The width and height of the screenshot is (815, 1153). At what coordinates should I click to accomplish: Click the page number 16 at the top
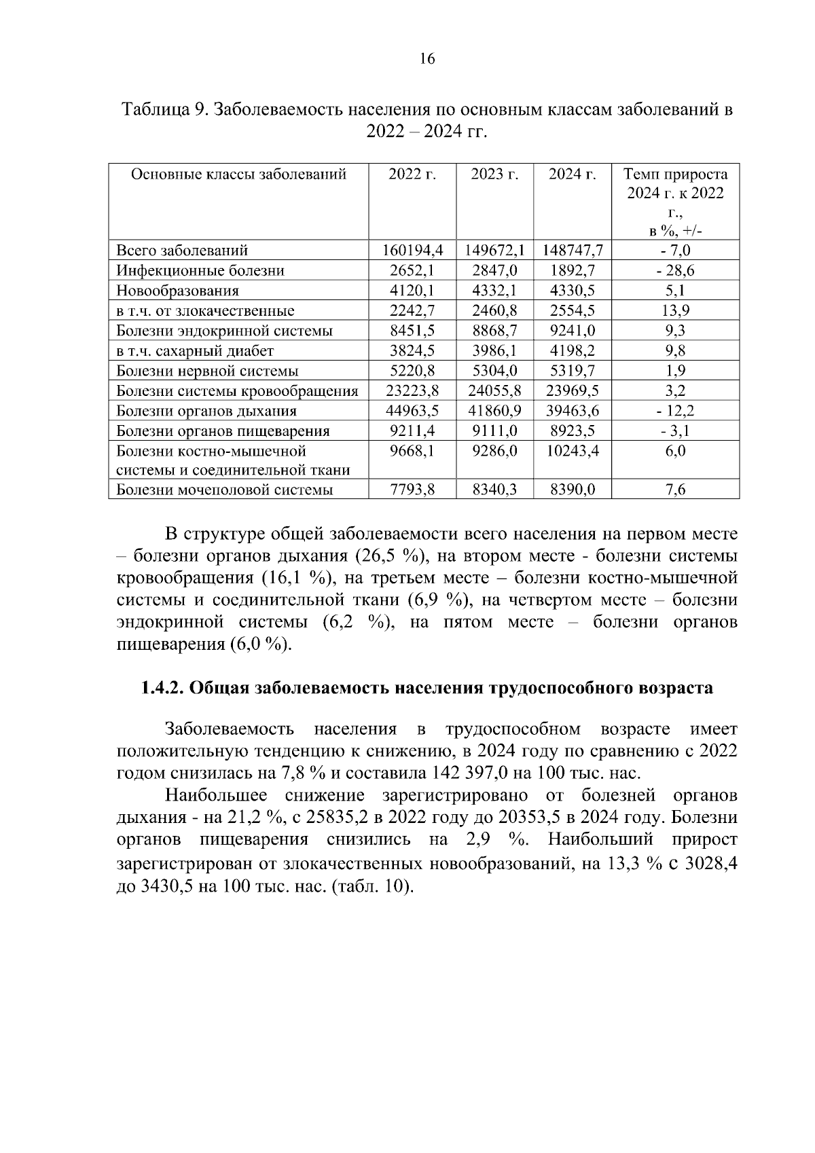pos(427,59)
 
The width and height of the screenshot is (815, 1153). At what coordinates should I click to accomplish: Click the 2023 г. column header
pos(494,174)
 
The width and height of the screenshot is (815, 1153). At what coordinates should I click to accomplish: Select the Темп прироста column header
pos(675,174)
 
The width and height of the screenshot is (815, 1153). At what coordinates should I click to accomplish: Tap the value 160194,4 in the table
pos(412,251)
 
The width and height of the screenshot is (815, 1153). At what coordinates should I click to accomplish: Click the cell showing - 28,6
pos(675,271)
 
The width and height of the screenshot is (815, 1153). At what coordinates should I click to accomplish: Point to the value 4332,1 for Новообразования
pos(494,291)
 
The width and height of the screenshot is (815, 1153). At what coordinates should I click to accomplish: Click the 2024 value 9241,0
pos(573,331)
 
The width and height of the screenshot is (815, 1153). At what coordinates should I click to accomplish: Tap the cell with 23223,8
pos(412,391)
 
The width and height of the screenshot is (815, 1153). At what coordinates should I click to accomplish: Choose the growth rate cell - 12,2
pos(675,411)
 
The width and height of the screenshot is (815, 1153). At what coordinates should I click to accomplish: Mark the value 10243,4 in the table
pos(573,451)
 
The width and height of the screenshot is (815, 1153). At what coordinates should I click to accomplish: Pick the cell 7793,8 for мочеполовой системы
pos(412,490)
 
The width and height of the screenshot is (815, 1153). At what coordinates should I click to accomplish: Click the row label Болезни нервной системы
pos(207,371)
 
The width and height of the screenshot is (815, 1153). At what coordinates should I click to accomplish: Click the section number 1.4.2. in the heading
pos(162,688)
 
